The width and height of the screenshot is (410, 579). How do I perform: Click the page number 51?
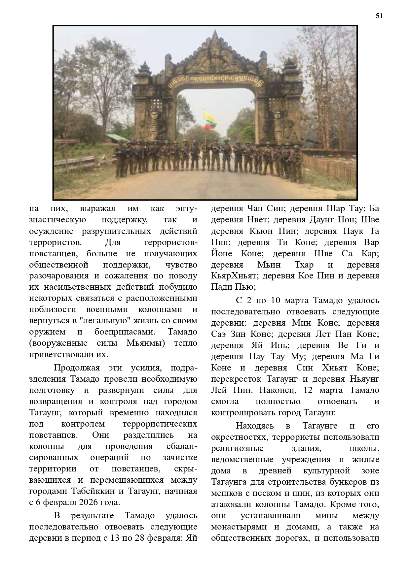coord(379,16)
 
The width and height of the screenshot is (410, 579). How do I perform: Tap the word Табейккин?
coord(93,491)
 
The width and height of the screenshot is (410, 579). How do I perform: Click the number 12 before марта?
coord(308,390)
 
